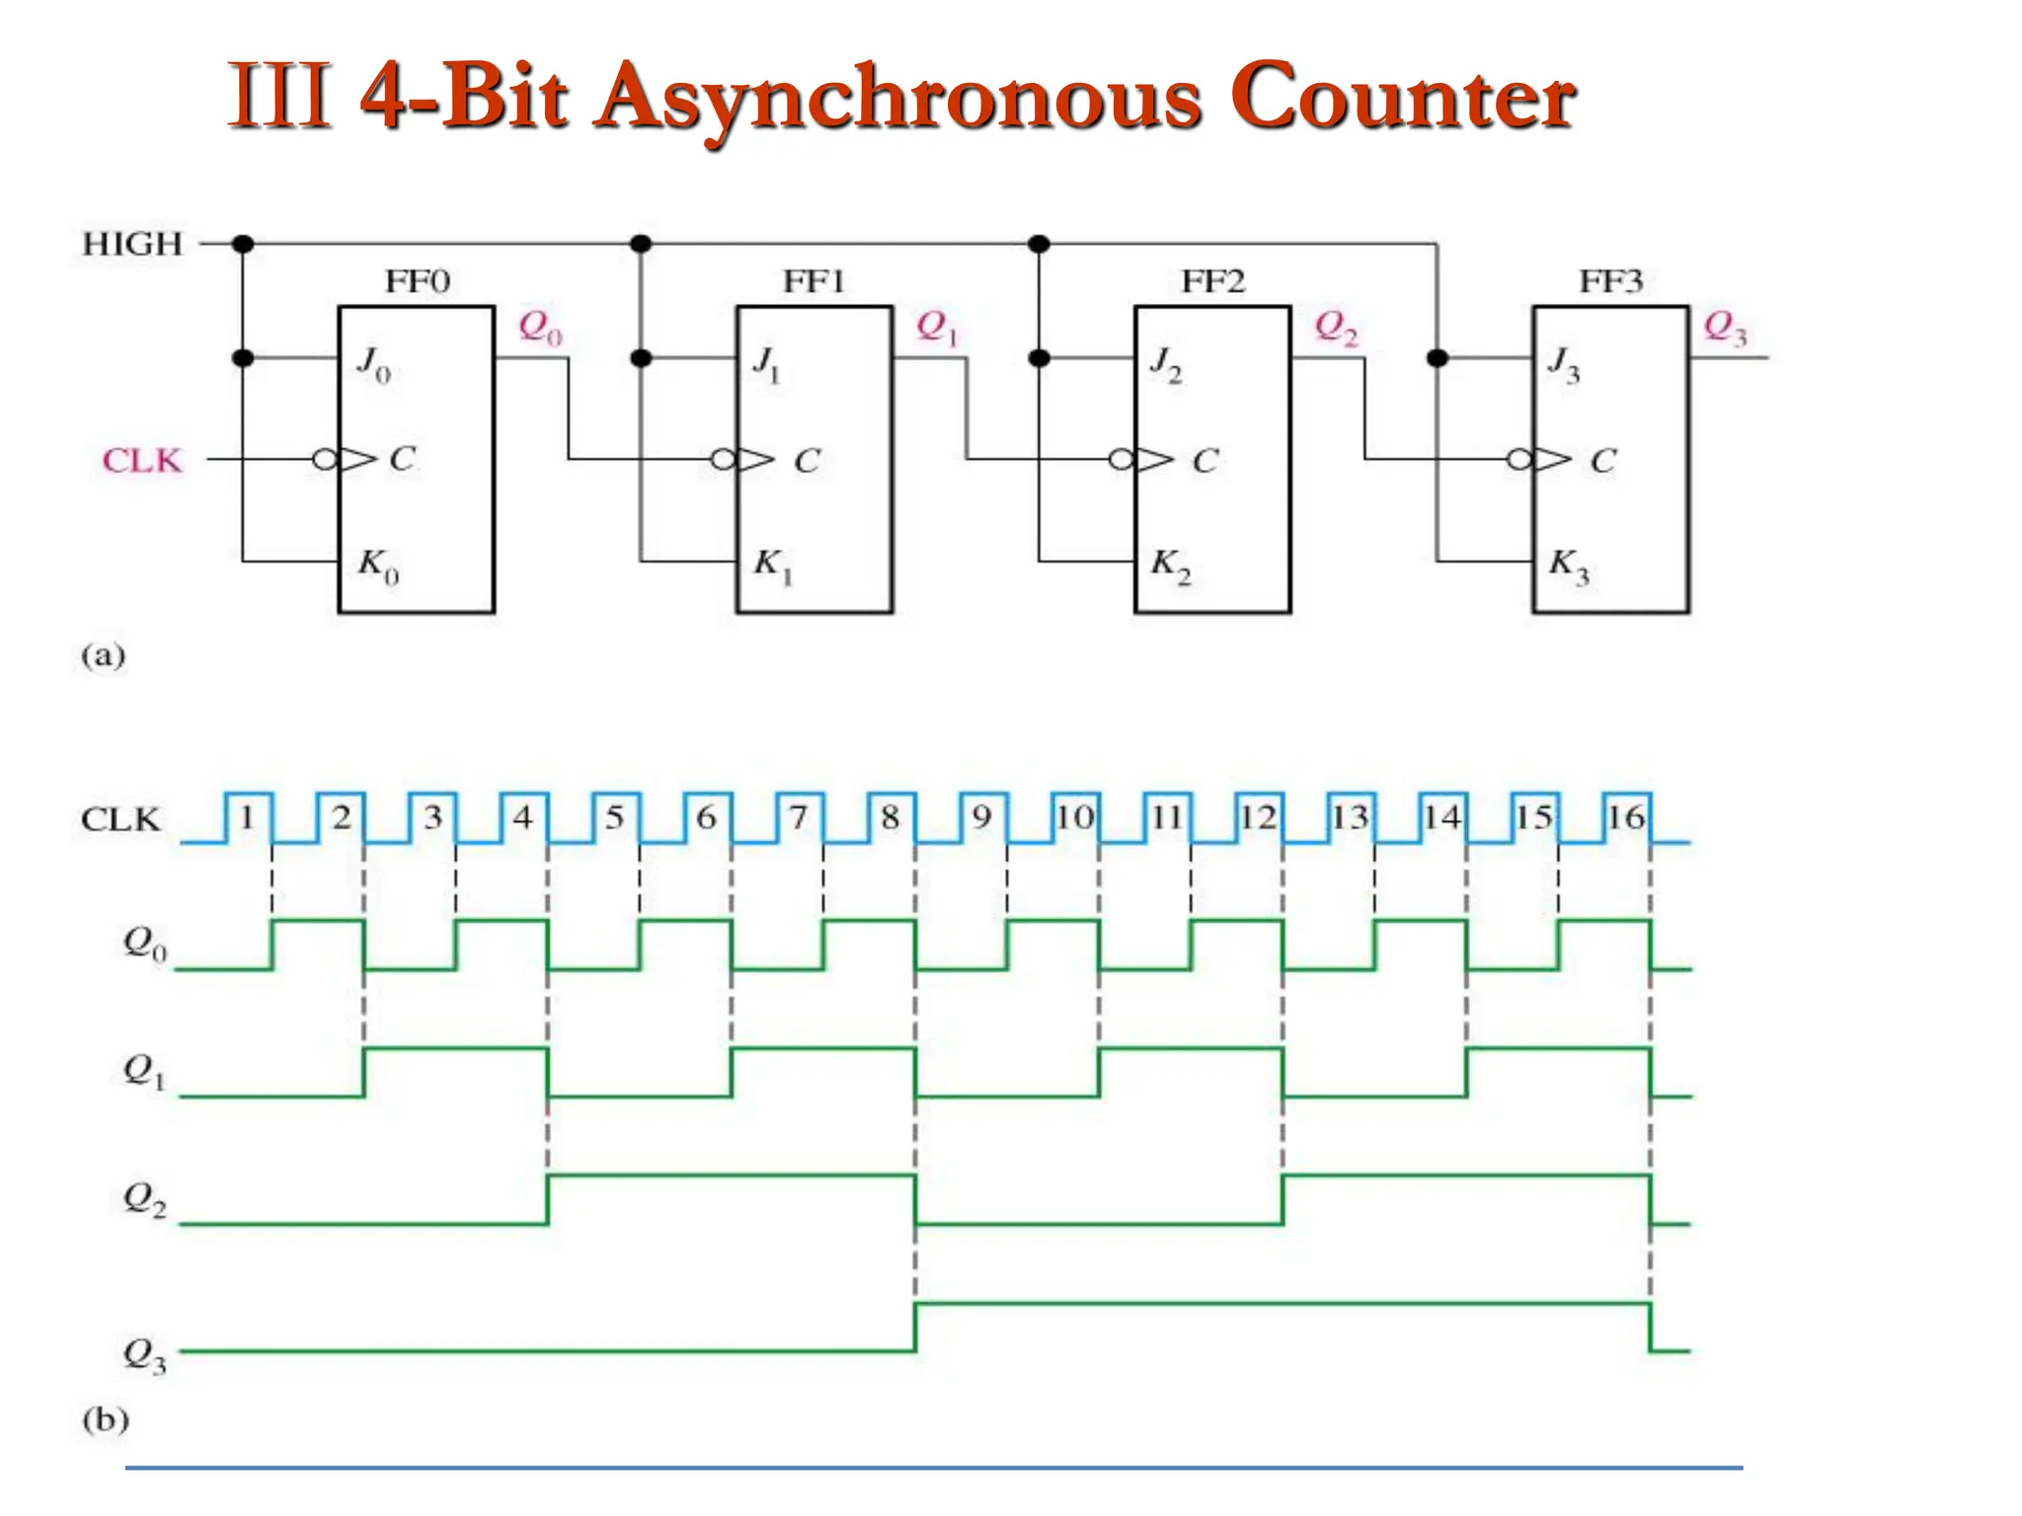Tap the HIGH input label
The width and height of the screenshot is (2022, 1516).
pos(132,244)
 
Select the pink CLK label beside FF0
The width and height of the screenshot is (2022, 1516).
pos(142,460)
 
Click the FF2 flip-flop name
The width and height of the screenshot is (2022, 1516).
pos(1213,282)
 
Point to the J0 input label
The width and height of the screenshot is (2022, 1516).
pos(373,363)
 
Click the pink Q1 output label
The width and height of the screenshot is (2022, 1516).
pos(937,327)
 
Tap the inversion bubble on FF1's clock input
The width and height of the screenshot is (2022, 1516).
pos(723,460)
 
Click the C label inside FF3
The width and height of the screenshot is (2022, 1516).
pos(1602,460)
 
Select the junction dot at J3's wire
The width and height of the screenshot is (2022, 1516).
pos(1438,357)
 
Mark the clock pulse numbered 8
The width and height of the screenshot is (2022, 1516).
pos(891,817)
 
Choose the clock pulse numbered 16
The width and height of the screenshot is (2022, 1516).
pos(1625,817)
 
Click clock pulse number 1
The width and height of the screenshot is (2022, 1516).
pos(247,817)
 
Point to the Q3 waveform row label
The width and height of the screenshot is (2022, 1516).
pos(144,1354)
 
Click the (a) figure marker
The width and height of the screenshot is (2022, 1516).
pos(103,655)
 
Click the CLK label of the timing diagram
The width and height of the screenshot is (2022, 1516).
pos(119,819)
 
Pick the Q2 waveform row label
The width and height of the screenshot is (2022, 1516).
pos(144,1200)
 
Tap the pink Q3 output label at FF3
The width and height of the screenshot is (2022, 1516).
pos(1725,327)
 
